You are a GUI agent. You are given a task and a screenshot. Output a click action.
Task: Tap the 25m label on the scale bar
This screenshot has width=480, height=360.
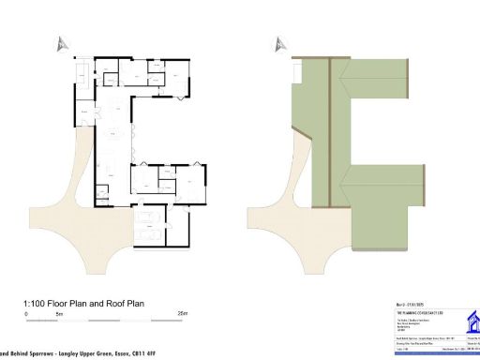coord(183,313)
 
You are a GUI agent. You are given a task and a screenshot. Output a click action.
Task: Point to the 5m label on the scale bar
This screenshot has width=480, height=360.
coord(58,313)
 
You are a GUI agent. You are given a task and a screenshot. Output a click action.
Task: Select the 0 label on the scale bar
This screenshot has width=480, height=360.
coord(26,313)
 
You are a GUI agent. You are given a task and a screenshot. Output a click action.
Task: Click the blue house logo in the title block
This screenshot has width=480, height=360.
coord(468,322)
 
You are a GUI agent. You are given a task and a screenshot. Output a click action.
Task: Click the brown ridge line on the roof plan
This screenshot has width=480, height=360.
coord(330,131)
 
